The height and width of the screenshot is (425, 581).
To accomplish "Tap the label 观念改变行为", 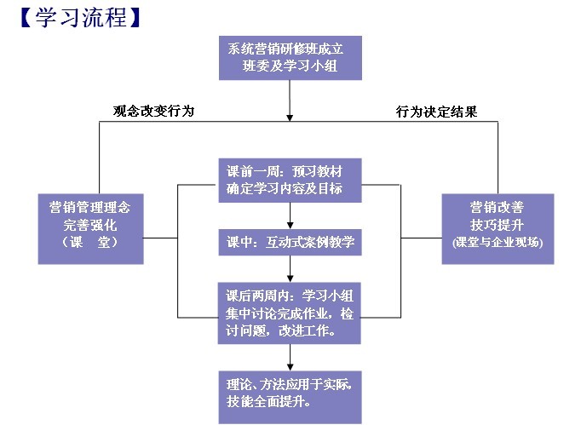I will (x=153, y=111).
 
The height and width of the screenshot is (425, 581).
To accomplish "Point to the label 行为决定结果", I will (x=435, y=112).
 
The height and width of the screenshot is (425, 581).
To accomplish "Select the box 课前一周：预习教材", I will (x=290, y=179).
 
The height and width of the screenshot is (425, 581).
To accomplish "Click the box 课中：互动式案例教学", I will (x=290, y=242).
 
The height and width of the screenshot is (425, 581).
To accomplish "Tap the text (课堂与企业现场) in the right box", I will (x=498, y=243).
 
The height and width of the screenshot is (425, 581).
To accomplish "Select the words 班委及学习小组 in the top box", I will (x=290, y=66).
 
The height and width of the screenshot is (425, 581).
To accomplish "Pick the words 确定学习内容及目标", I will (x=285, y=188).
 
